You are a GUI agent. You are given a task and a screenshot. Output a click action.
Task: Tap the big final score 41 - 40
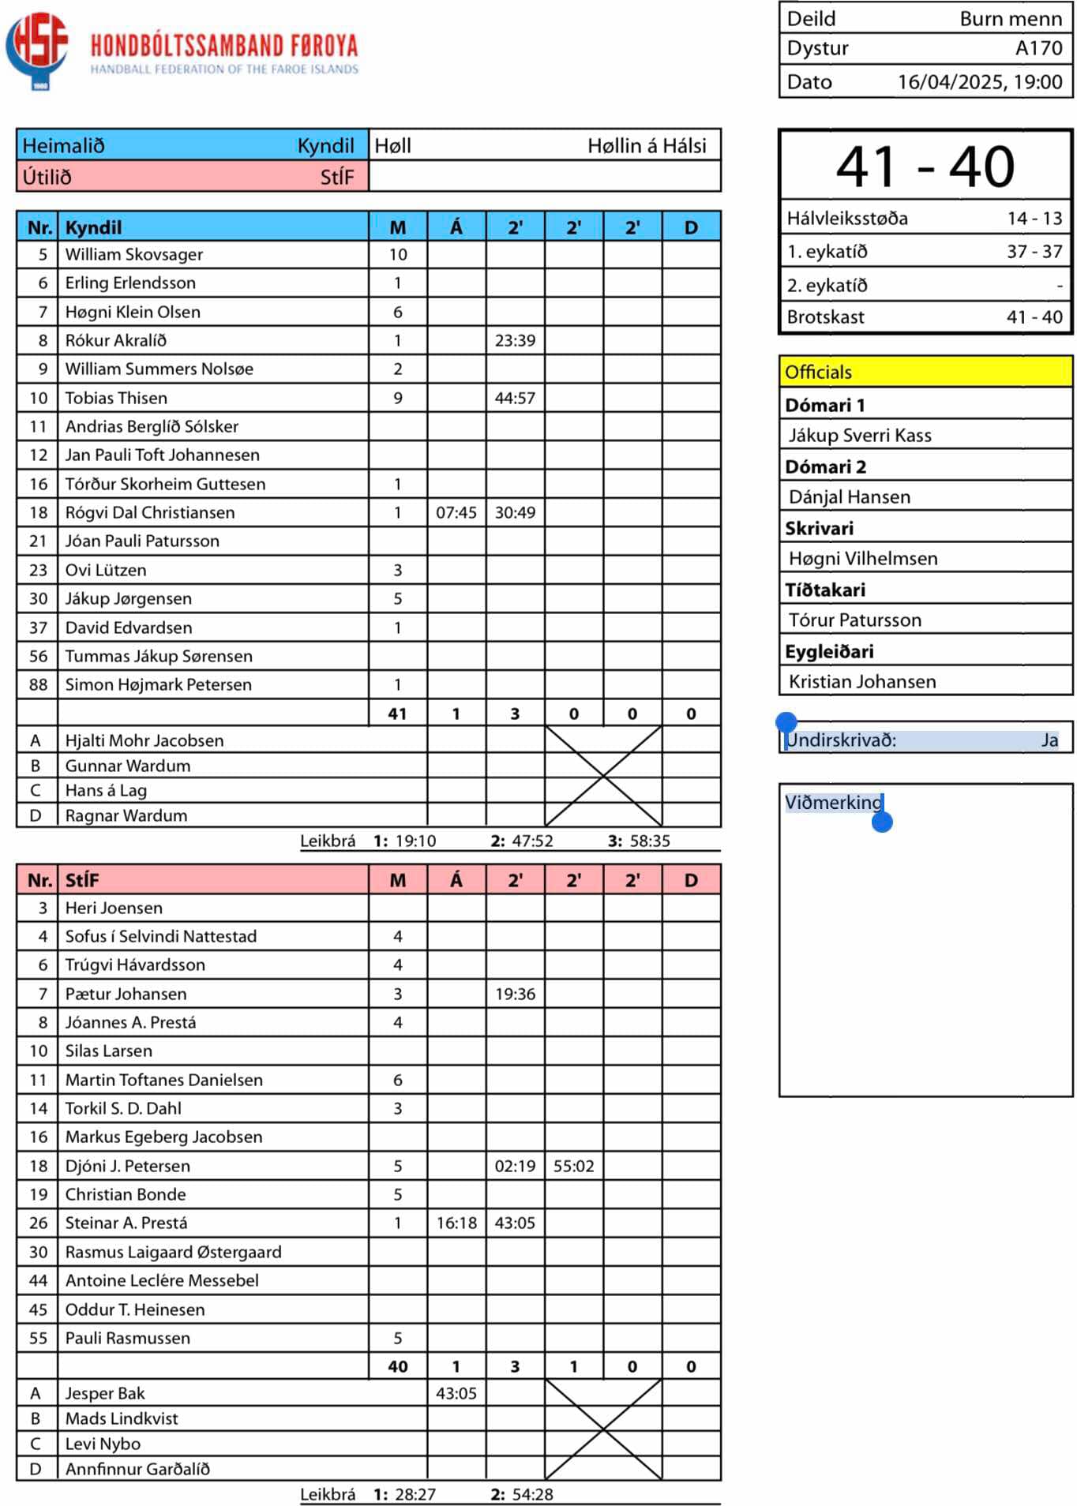click(x=925, y=167)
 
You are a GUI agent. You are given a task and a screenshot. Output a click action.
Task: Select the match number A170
click(x=1038, y=48)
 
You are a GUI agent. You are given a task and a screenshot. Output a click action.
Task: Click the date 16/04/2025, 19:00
click(x=979, y=82)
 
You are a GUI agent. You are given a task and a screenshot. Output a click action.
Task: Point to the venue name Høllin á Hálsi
click(x=646, y=145)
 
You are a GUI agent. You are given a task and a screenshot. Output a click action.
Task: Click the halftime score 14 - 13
click(x=1034, y=219)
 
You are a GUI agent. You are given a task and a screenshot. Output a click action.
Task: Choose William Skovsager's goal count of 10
click(x=398, y=255)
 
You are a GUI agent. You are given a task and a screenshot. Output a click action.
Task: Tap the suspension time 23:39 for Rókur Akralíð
click(x=515, y=341)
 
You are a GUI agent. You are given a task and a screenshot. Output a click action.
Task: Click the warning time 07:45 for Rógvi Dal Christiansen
click(x=456, y=513)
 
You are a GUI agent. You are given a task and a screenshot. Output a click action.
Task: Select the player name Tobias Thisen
click(x=116, y=399)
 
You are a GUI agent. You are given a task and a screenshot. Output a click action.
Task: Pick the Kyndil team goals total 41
click(x=398, y=714)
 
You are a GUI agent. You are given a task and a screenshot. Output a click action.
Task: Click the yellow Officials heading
click(x=818, y=373)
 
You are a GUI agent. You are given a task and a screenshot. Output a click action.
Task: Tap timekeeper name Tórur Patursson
click(x=855, y=620)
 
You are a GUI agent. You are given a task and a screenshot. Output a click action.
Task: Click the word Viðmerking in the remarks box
click(x=833, y=803)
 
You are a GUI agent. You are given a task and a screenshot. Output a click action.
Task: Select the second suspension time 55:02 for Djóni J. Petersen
click(x=573, y=1167)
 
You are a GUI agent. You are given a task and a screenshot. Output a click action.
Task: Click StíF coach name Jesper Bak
click(x=105, y=1394)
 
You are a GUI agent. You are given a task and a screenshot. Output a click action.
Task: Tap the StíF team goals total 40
click(x=398, y=1367)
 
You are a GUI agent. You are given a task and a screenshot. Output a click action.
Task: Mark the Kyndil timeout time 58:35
click(x=650, y=841)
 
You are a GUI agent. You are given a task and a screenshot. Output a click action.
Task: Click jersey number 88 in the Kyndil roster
click(x=38, y=685)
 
